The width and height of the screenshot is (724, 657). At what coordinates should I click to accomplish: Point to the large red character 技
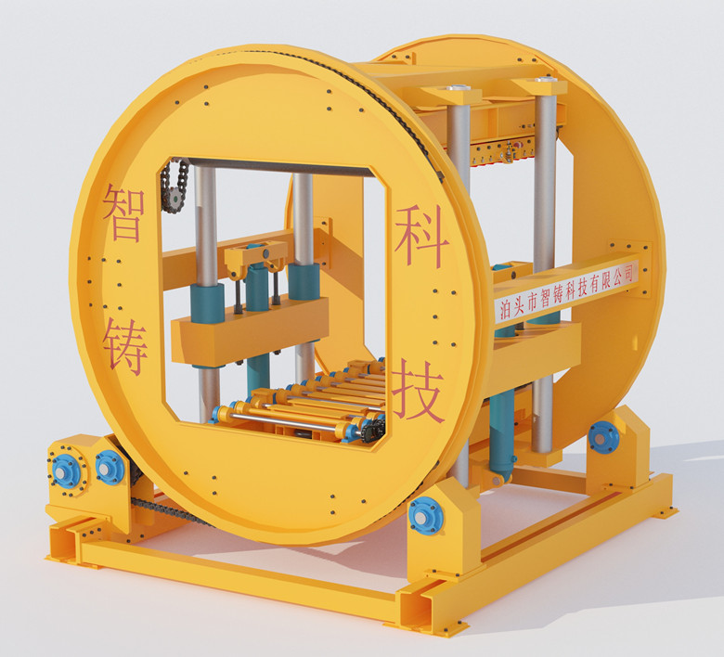pos(418,392)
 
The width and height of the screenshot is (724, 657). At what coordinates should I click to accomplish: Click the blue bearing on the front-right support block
pos(426,516)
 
